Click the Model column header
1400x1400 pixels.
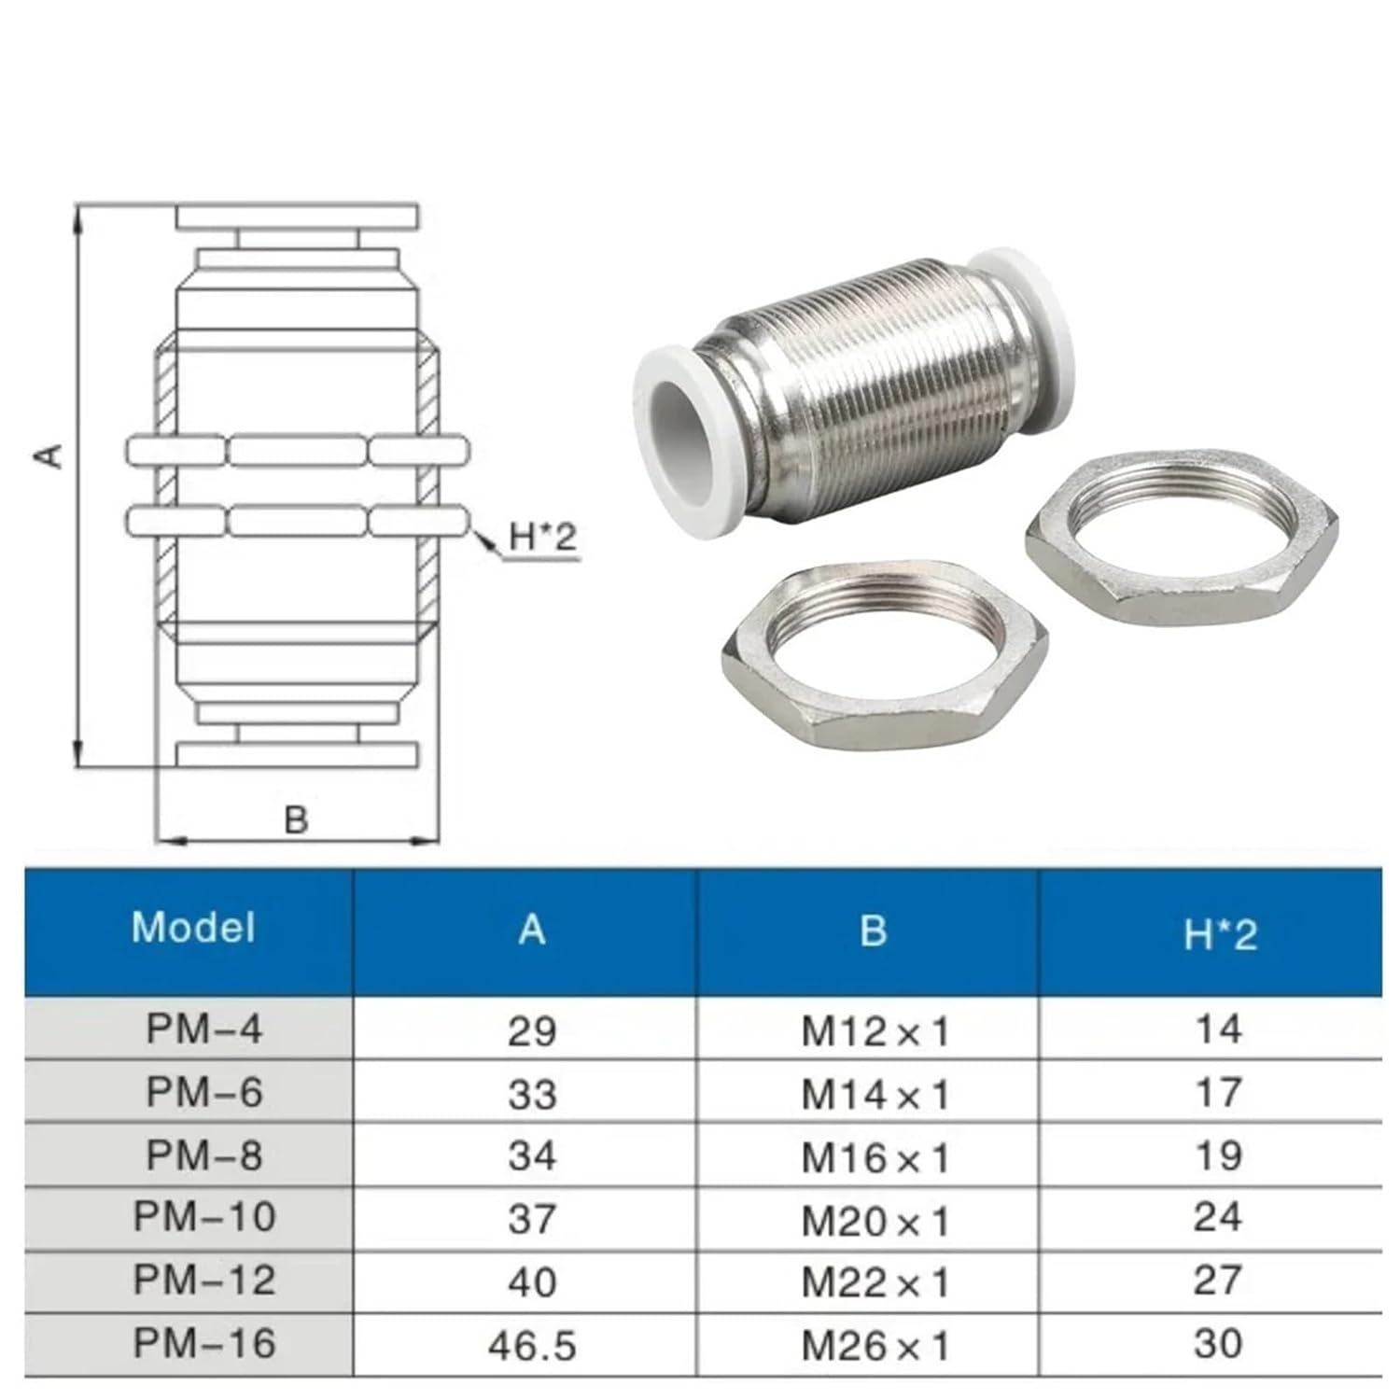193,928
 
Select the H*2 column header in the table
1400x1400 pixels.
1220,932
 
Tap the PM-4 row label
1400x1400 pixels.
204,1029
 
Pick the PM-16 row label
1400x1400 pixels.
204,1343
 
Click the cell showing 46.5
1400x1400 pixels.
532,1345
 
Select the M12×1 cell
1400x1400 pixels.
875,1031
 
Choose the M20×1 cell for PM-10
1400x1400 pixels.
875,1220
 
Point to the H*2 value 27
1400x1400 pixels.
1218,1281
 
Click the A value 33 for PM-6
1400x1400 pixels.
532,1093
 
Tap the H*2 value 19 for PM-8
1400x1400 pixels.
1218,1155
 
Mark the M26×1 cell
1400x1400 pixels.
875,1345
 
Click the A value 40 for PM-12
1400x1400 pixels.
532,1281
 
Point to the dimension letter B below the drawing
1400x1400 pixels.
296,819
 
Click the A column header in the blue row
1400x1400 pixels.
532,930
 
